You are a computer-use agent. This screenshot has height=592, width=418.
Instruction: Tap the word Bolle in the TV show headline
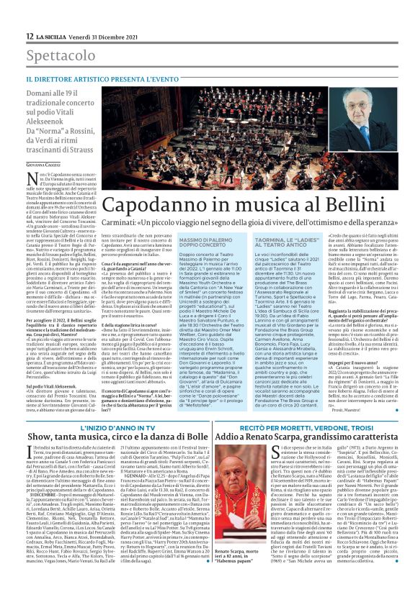click(x=183, y=437)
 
